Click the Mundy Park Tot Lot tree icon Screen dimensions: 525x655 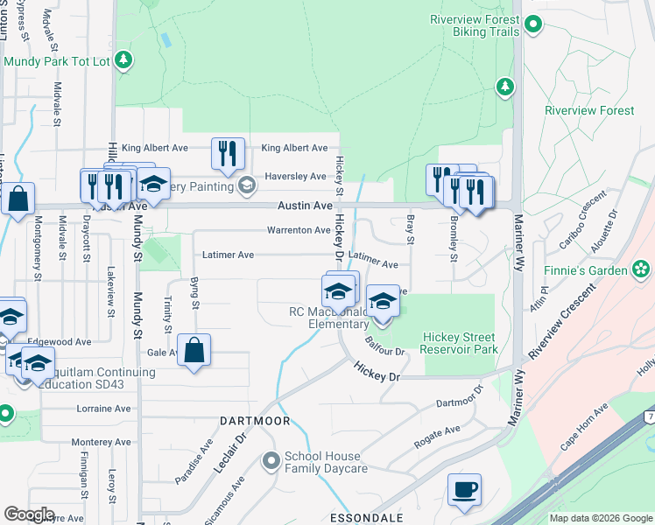pyautogui.click(x=124, y=59)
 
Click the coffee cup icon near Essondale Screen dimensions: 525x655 pyautogui.click(x=464, y=489)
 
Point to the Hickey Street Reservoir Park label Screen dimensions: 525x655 pyautogui.click(x=459, y=343)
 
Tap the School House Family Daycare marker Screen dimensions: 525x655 pyautogui.click(x=271, y=458)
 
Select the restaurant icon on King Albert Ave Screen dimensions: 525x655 pyautogui.click(x=227, y=154)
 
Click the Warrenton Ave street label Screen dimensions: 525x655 pyautogui.click(x=299, y=230)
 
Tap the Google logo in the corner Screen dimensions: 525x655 pyautogui.click(x=29, y=514)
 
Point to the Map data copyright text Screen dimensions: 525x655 pyautogui.click(x=600, y=518)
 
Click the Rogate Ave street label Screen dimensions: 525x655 pyautogui.click(x=437, y=430)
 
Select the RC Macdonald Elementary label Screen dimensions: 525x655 pyautogui.click(x=329, y=318)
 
